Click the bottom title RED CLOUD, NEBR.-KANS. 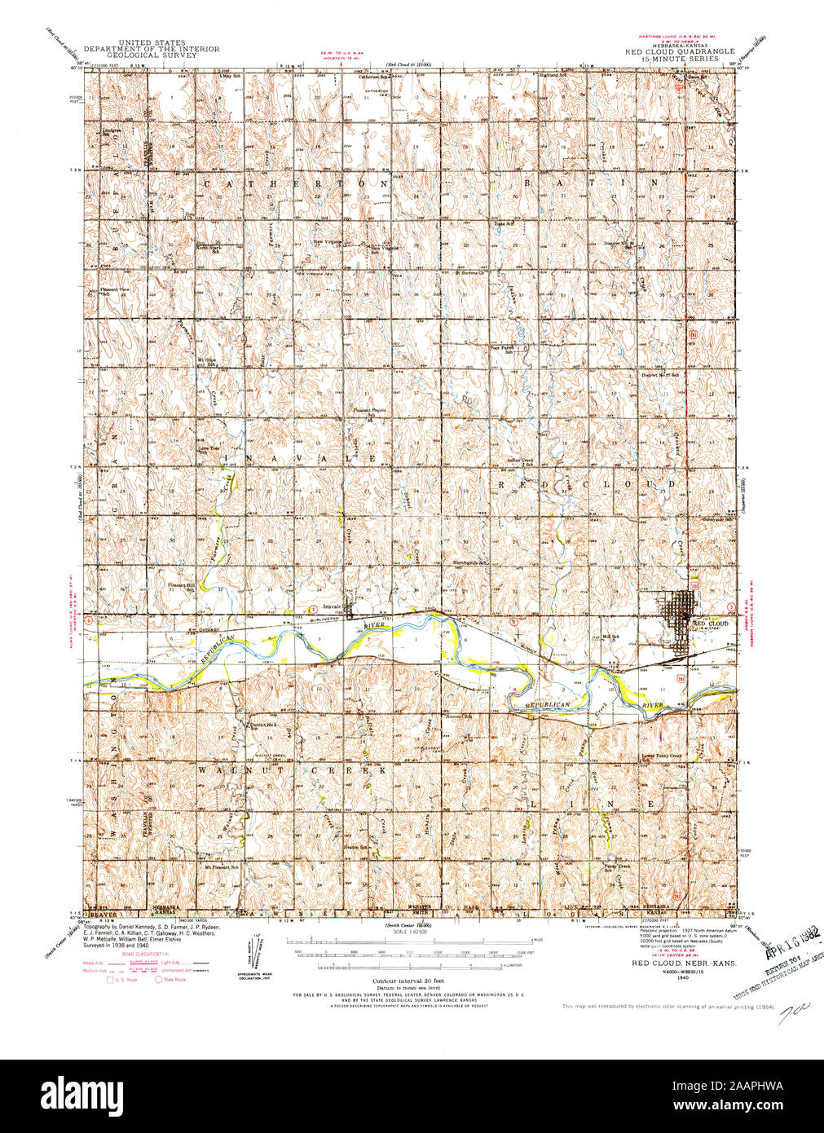682,963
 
